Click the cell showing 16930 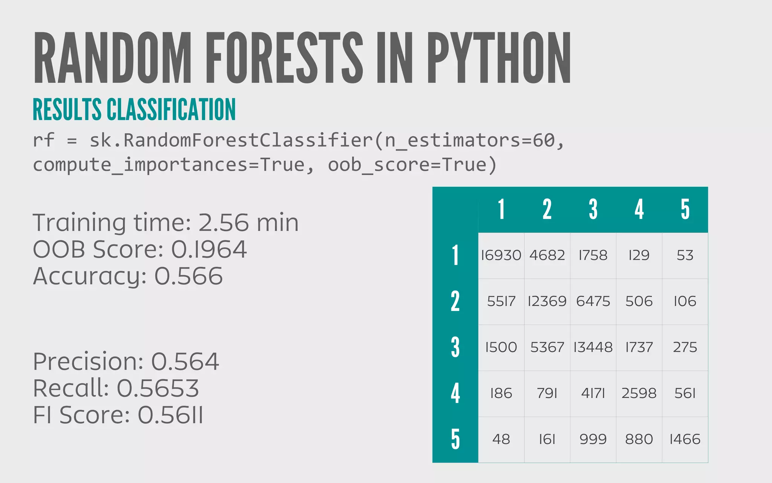pyautogui.click(x=501, y=255)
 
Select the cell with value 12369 pyautogui.click(x=547, y=301)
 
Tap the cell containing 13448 pyautogui.click(x=593, y=348)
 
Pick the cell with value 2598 pyautogui.click(x=639, y=394)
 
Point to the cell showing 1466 pyautogui.click(x=685, y=440)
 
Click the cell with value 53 pyautogui.click(x=685, y=255)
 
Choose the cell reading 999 pyautogui.click(x=593, y=440)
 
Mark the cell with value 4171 pyautogui.click(x=593, y=394)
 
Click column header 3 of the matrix pyautogui.click(x=593, y=209)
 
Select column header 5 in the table pyautogui.click(x=685, y=209)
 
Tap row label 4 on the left pyautogui.click(x=455, y=394)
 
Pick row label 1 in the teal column pyautogui.click(x=455, y=255)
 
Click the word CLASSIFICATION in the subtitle pyautogui.click(x=171, y=109)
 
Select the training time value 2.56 pyautogui.click(x=223, y=223)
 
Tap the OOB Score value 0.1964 pyautogui.click(x=209, y=249)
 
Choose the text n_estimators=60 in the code pyautogui.click(x=470, y=140)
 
